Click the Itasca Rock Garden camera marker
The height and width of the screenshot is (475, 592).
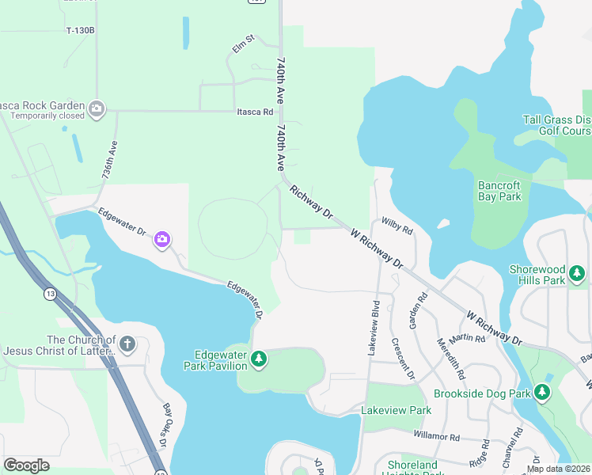tap(97, 109)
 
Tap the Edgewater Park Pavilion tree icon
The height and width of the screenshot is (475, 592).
tap(259, 361)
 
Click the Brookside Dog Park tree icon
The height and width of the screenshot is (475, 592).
tap(541, 393)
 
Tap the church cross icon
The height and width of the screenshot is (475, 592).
tap(127, 345)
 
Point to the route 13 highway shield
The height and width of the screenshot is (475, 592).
tap(51, 294)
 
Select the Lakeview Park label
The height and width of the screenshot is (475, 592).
tap(396, 410)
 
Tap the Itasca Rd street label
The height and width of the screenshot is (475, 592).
tap(255, 112)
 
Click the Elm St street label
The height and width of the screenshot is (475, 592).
tap(243, 43)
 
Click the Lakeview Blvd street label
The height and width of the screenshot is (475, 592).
tap(373, 328)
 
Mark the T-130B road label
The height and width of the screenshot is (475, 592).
tap(80, 30)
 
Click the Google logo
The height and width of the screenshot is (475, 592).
tap(27, 465)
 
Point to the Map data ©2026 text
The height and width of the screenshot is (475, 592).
tap(558, 469)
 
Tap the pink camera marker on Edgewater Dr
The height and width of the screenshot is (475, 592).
tap(162, 239)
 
